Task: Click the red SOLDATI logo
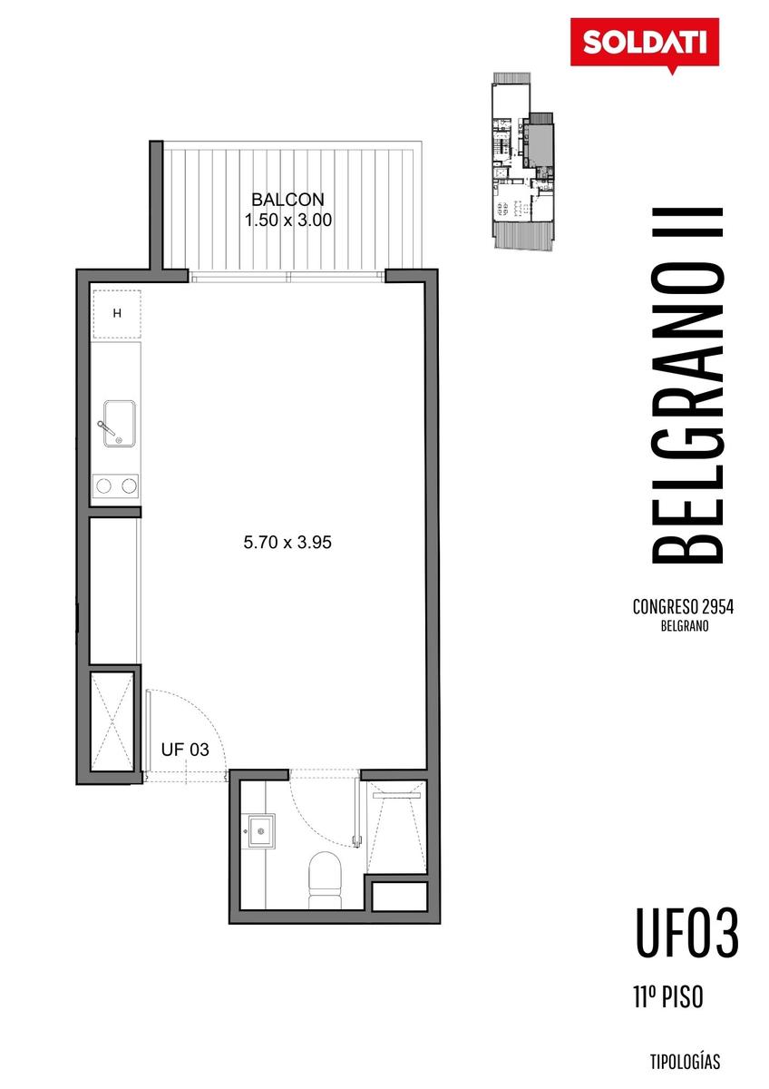[644, 44]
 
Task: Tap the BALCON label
[287, 200]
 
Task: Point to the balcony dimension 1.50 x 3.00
[288, 221]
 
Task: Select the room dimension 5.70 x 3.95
[287, 542]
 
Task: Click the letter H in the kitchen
[117, 314]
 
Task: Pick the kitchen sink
[119, 423]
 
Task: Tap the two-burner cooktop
[115, 486]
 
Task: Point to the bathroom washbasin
[261, 831]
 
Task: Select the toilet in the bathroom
[325, 879]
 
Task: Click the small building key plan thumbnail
[522, 162]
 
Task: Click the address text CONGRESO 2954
[683, 607]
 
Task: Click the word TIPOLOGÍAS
[685, 1062]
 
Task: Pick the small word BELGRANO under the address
[685, 626]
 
